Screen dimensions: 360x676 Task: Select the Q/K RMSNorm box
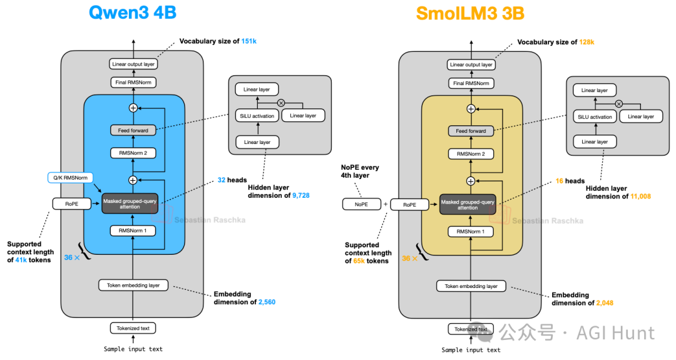[x=70, y=178]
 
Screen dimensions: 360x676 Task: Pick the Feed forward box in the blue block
[x=133, y=130]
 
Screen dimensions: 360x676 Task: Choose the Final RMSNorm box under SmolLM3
[x=470, y=83]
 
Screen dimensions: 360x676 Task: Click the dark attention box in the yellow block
[x=468, y=205]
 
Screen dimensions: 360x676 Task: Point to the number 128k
[x=586, y=42]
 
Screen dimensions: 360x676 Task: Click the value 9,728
[x=300, y=195]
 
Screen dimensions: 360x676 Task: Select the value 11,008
[x=640, y=196]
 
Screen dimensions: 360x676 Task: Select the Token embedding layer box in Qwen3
[x=132, y=285]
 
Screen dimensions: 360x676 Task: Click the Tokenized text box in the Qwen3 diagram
[x=133, y=328]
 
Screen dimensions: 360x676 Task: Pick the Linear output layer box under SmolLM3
[x=470, y=64]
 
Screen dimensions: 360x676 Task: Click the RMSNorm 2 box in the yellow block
[x=470, y=154]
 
